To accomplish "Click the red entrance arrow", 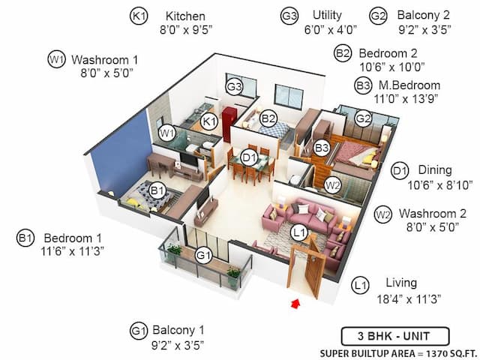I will pos(294,304).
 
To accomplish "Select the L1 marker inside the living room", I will pos(298,233).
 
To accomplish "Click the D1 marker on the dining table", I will pos(248,157).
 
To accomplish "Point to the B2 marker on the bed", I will pos(268,118).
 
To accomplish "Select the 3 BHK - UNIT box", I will pos(395,335).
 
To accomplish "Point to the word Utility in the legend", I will pos(327,15).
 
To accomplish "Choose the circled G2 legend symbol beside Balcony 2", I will pos(378,15).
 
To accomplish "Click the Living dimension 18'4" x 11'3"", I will pos(409,298).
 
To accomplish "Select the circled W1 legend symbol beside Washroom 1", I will pos(56,59).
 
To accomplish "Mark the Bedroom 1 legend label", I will pos(72,238).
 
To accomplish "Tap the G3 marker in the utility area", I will pos(235,86).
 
